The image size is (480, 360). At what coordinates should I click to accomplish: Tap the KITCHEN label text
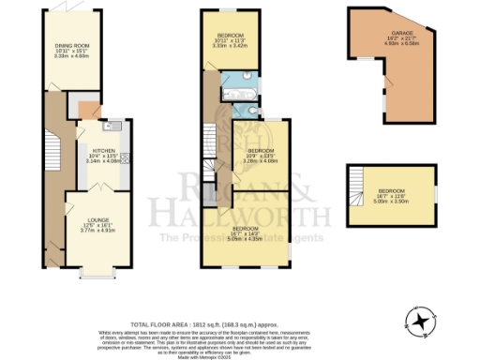pyautogui.click(x=103, y=150)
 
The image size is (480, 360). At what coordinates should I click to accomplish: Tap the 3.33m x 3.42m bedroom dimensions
pyautogui.click(x=231, y=46)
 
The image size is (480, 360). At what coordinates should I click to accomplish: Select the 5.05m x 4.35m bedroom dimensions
pyautogui.click(x=247, y=240)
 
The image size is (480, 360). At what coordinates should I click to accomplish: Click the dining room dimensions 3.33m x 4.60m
pyautogui.click(x=69, y=55)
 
